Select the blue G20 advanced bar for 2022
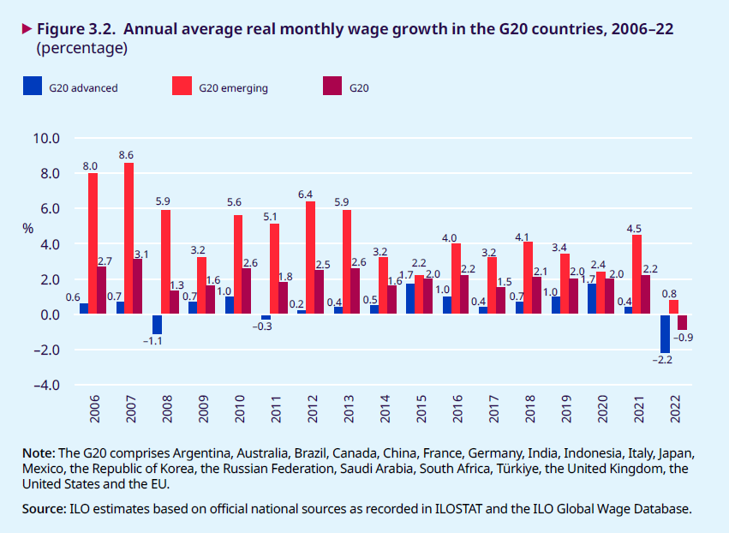pyautogui.click(x=665, y=333)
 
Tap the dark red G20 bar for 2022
pyautogui.click(x=683, y=322)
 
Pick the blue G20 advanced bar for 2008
pyautogui.click(x=157, y=324)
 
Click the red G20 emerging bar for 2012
pyautogui.click(x=310, y=258)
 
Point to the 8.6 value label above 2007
pyautogui.click(x=126, y=155)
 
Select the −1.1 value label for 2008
pyautogui.click(x=152, y=342)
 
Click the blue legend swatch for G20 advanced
pyautogui.click(x=33, y=86)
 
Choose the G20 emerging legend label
pyautogui.click(x=234, y=87)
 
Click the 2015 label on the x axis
pyautogui.click(x=421, y=410)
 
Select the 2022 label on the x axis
pyautogui.click(x=675, y=410)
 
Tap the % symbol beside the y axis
pyautogui.click(x=27, y=229)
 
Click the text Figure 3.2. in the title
pyautogui.click(x=76, y=29)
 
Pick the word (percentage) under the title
pyautogui.click(x=82, y=49)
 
